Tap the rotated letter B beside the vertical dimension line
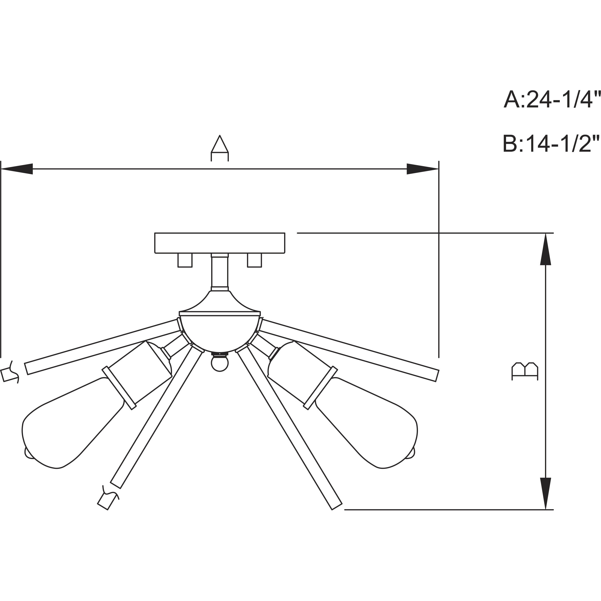(525, 371)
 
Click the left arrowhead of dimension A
(17, 169)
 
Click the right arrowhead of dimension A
(422, 169)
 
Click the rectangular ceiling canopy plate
(220, 243)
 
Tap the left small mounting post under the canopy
(185, 260)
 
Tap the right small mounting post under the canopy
(254, 260)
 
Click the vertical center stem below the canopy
(220, 271)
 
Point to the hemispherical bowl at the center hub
(220, 331)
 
